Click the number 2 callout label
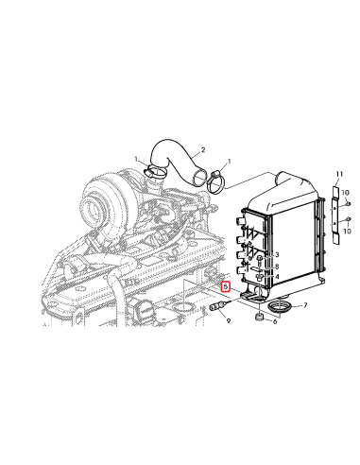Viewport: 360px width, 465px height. click(x=201, y=150)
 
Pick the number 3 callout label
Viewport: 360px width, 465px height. click(x=277, y=255)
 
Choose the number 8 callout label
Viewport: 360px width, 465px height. click(x=277, y=267)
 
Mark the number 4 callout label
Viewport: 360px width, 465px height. click(x=277, y=277)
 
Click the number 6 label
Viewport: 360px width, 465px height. click(x=274, y=321)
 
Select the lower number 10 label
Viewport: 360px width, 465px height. click(x=347, y=231)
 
